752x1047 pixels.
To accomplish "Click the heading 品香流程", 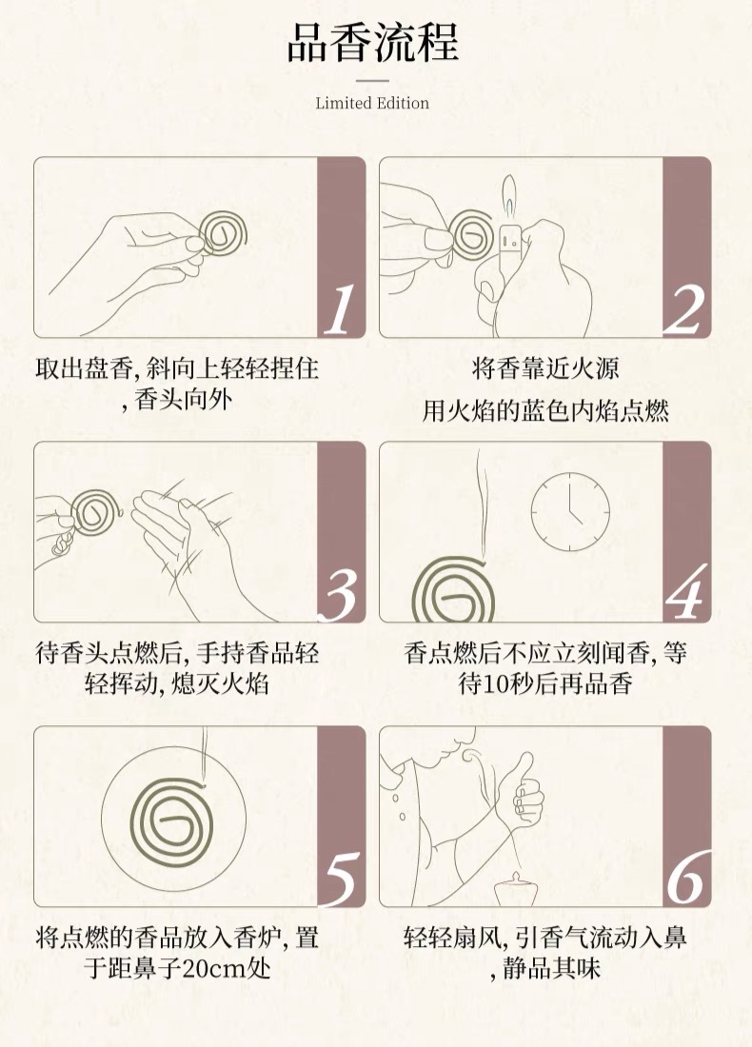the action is click(372, 42).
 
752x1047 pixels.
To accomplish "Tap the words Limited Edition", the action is click(372, 103).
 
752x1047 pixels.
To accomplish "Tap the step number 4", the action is click(686, 593).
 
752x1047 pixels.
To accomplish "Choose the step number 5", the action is click(340, 879).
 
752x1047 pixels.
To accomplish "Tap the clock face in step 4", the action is click(570, 511).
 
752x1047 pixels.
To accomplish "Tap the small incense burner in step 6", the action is click(511, 889).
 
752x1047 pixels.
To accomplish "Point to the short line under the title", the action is click(372, 81).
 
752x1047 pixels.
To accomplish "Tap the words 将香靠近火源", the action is click(545, 368).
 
